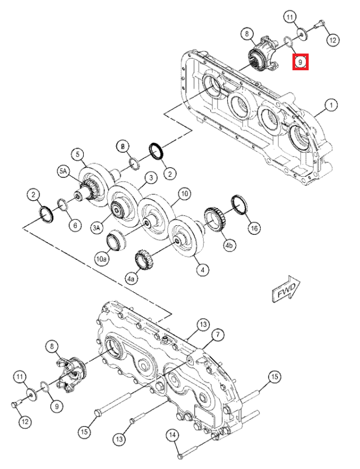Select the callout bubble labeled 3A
click(97, 228)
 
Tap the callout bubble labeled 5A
click(63, 173)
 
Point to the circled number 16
click(254, 228)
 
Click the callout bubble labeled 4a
click(132, 278)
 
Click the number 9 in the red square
click(301, 62)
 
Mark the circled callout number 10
click(184, 194)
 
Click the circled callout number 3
click(150, 178)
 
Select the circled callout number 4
click(201, 270)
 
